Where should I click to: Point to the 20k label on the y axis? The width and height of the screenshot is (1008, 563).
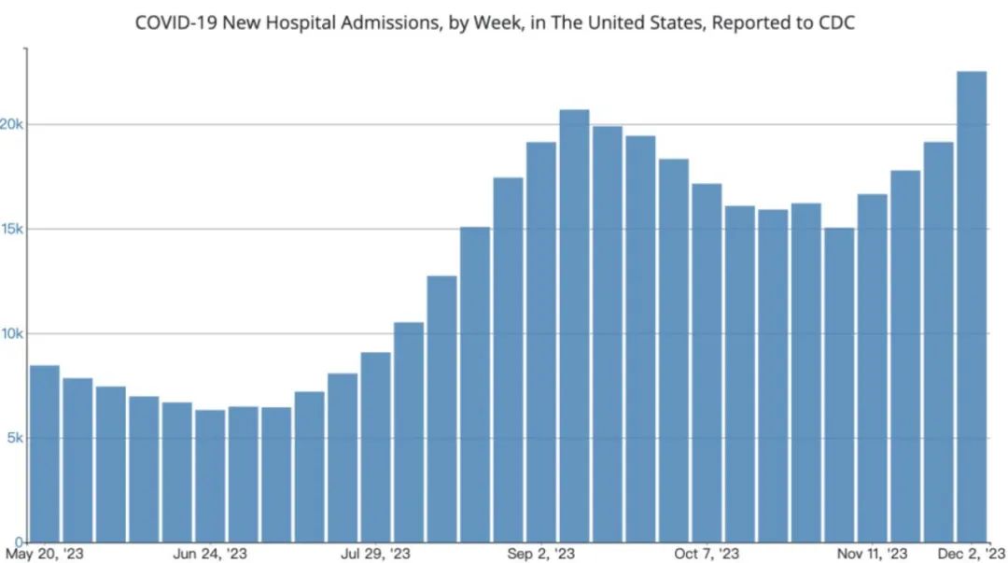click(12, 125)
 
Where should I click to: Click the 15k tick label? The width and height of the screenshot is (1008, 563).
click(12, 230)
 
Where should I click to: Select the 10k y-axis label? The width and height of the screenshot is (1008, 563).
click(12, 334)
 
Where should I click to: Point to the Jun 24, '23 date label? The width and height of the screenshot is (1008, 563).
click(210, 554)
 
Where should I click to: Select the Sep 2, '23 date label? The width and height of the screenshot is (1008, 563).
click(541, 554)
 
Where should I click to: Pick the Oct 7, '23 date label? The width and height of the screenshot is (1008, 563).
click(707, 554)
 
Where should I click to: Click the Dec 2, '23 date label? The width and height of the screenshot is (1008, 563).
click(972, 554)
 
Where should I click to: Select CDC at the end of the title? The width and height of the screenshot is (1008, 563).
click(834, 22)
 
